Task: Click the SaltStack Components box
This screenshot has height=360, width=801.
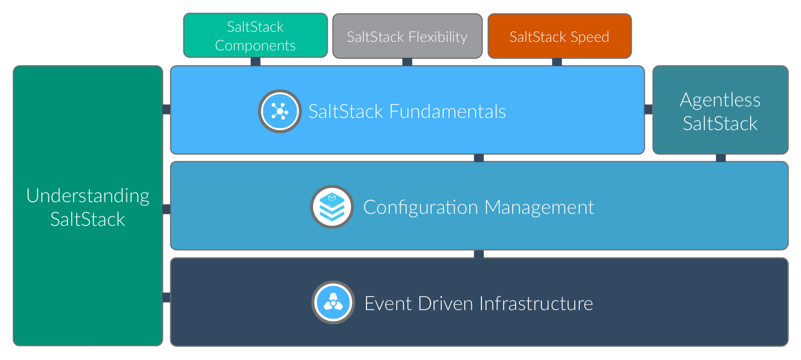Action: point(255,35)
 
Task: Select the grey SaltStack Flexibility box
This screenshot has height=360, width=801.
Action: point(407,36)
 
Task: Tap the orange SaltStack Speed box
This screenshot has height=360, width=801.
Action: point(559,36)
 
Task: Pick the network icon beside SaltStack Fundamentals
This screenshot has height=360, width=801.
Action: point(280,111)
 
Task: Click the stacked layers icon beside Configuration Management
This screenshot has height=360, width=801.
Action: point(332,207)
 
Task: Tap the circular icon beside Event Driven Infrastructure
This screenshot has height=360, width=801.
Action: point(333,303)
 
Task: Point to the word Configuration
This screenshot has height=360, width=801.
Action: point(420,207)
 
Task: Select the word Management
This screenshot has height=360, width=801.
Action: point(539,207)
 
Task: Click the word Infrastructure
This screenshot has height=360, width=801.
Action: point(536,304)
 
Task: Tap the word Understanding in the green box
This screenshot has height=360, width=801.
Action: point(88,196)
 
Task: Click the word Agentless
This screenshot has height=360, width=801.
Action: point(720,100)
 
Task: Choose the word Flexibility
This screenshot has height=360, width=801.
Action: point(438,37)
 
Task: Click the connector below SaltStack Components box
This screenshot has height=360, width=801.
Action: point(256,62)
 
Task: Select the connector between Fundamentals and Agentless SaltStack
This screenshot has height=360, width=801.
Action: point(648,109)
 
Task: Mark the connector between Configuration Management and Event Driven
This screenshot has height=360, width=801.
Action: point(479,254)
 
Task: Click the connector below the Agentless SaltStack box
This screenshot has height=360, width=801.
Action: point(721,158)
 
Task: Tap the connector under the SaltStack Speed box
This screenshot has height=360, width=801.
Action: point(557,62)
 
